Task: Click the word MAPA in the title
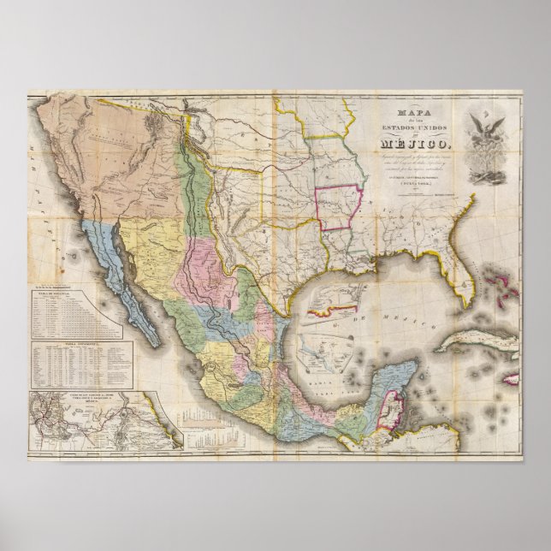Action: (x=406, y=111)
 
